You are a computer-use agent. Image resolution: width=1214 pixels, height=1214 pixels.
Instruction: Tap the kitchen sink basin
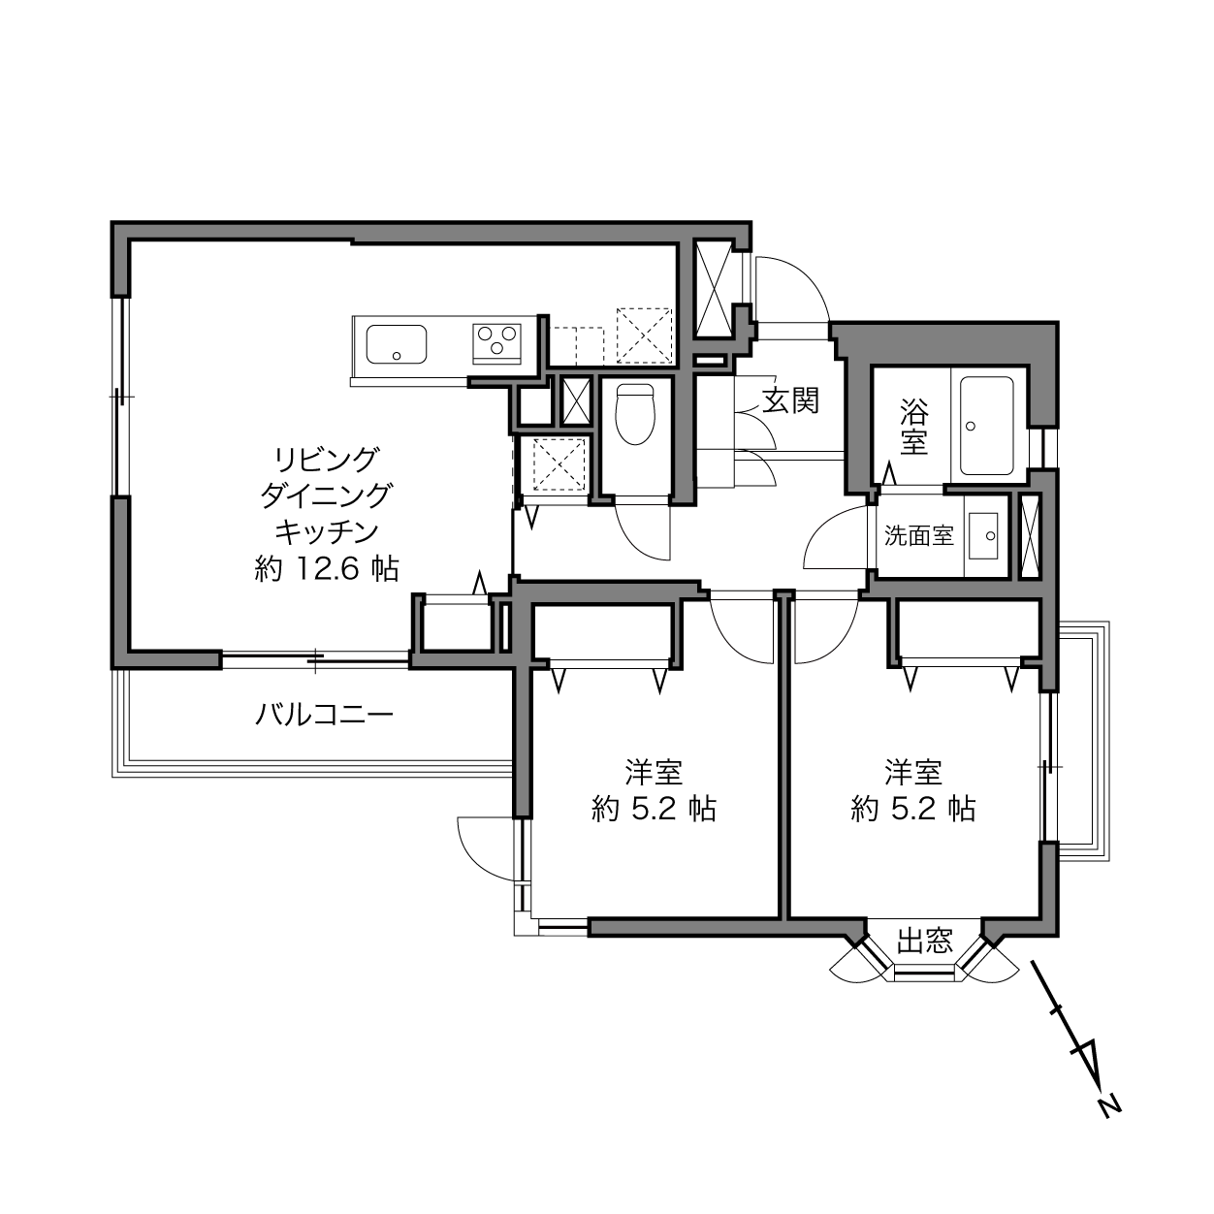pos(396,344)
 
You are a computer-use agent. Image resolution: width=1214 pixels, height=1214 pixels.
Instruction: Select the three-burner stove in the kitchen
pos(497,343)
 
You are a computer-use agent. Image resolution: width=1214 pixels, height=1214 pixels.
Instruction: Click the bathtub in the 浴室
pos(986,426)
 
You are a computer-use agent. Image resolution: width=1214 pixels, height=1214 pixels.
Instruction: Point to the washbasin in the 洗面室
pos(983,536)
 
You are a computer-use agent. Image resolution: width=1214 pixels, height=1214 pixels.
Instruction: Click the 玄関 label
pos(790,400)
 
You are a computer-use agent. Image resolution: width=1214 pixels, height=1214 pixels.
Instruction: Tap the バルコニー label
pos(325,715)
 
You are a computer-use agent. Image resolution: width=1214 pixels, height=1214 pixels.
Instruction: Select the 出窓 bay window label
pos(925,942)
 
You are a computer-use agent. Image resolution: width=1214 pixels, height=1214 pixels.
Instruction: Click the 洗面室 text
pos(919,535)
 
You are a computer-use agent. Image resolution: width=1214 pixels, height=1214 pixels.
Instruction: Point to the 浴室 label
pos(913,428)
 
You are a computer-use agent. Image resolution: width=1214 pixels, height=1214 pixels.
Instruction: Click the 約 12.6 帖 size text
pos(327,569)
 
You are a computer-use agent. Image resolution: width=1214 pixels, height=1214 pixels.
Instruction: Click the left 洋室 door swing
pos(731,644)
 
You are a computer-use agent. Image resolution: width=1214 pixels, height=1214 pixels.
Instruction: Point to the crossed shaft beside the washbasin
pos(1031,537)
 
